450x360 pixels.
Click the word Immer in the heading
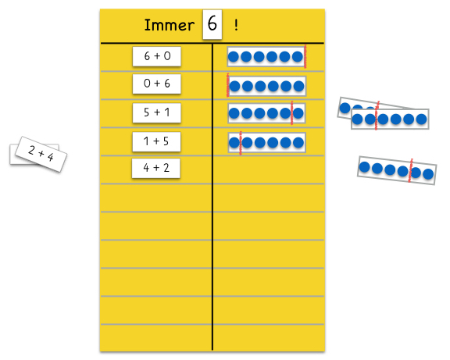(x=169, y=25)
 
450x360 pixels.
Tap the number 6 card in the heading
(x=212, y=24)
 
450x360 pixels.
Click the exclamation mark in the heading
(x=236, y=25)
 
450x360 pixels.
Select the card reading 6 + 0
(x=157, y=56)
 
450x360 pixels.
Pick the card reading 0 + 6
(x=157, y=84)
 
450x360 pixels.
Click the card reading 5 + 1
(x=157, y=112)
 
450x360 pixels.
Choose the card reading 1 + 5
(x=156, y=141)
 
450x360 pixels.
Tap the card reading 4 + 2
(x=155, y=168)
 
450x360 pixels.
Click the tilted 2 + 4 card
(x=41, y=154)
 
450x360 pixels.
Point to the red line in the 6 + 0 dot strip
(x=305, y=56)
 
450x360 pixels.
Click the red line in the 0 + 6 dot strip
(x=227, y=85)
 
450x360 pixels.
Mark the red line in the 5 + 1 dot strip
(x=292, y=112)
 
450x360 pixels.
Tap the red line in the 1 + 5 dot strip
(x=241, y=143)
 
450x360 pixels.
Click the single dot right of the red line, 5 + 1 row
(x=298, y=113)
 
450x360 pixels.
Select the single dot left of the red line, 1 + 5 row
(x=234, y=143)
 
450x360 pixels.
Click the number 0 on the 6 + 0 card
(x=167, y=56)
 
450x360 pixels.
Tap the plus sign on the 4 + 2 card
(x=155, y=168)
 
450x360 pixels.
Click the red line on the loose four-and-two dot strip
(x=410, y=170)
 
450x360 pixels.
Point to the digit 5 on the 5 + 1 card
(x=147, y=112)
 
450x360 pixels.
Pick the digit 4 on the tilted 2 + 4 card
(x=51, y=157)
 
